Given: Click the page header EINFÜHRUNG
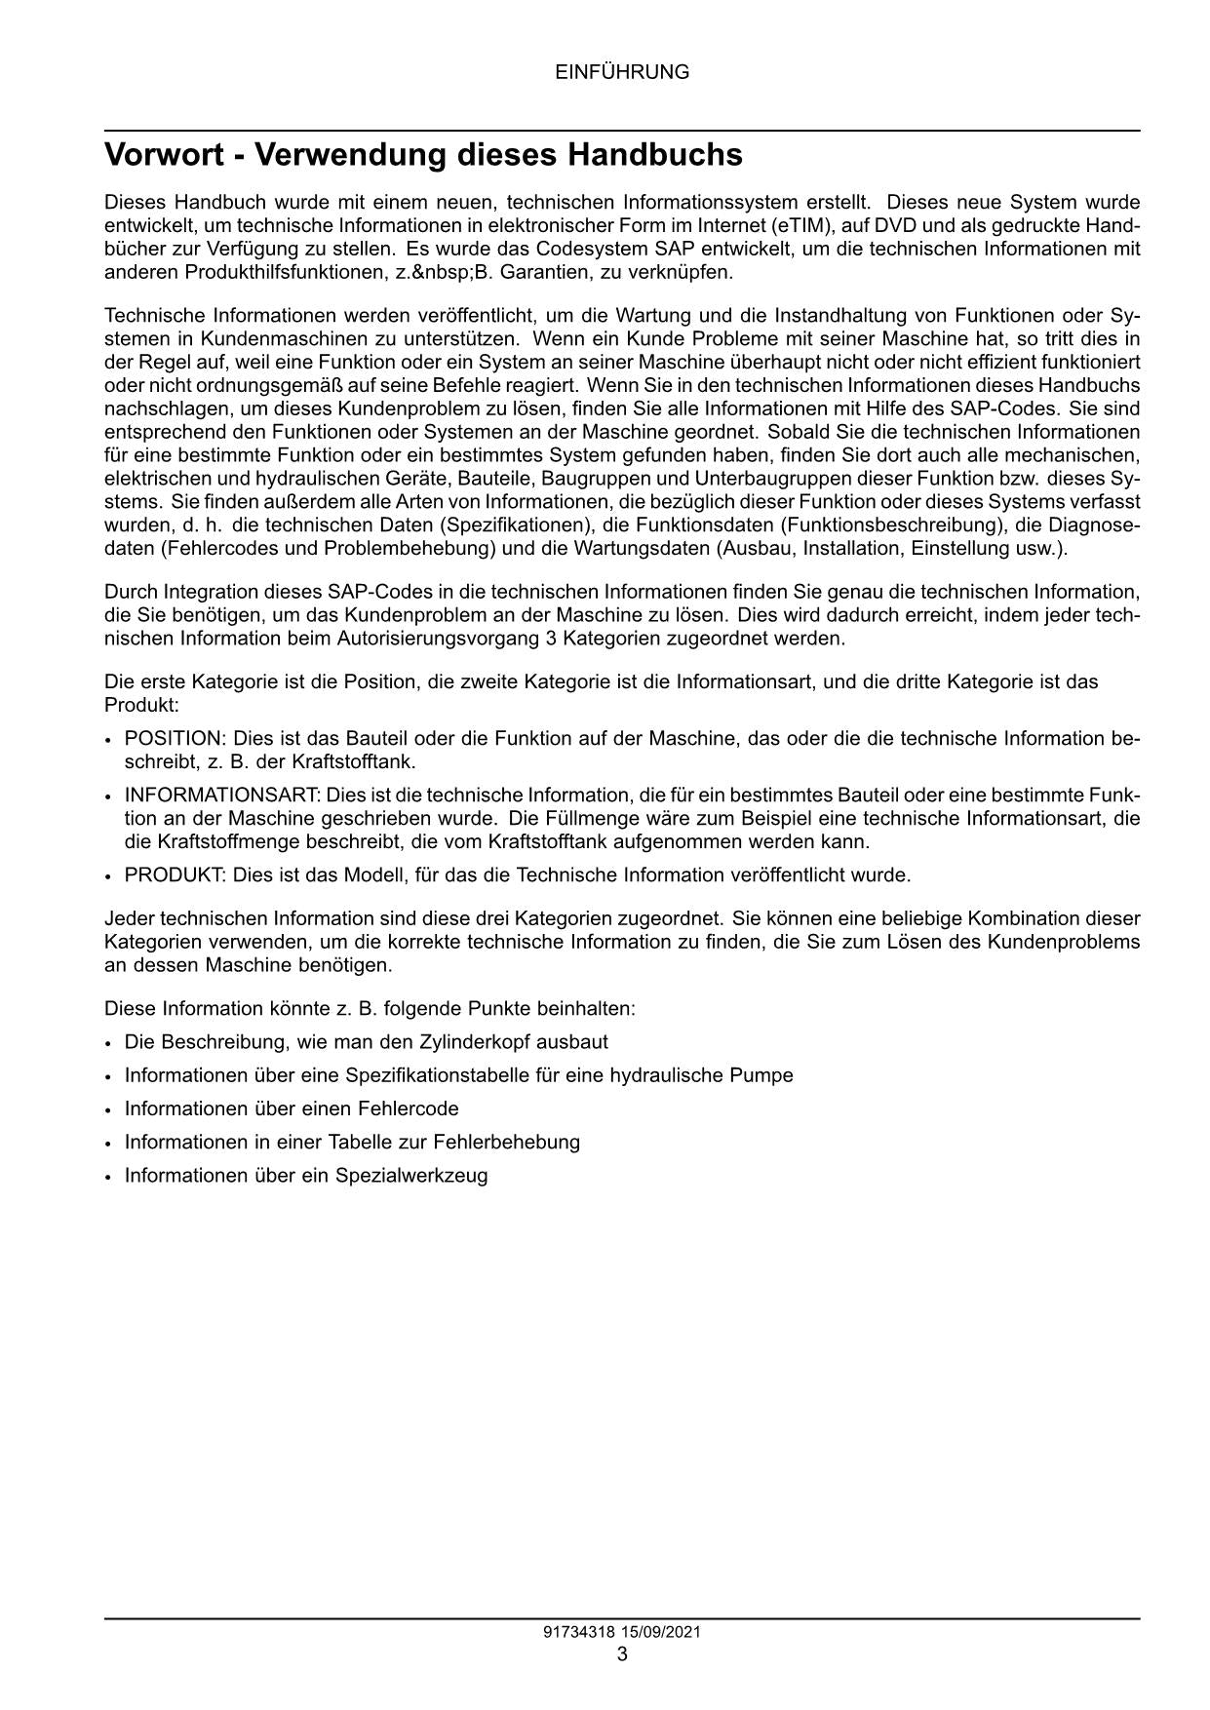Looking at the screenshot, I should click(x=622, y=72).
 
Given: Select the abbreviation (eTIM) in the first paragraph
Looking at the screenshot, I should click(x=799, y=225).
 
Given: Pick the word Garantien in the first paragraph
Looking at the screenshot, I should click(x=540, y=272).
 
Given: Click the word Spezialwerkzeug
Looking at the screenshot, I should click(x=411, y=1175).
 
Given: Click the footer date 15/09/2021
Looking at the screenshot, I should click(x=663, y=1632).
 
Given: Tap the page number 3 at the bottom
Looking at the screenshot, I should click(x=622, y=1653).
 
